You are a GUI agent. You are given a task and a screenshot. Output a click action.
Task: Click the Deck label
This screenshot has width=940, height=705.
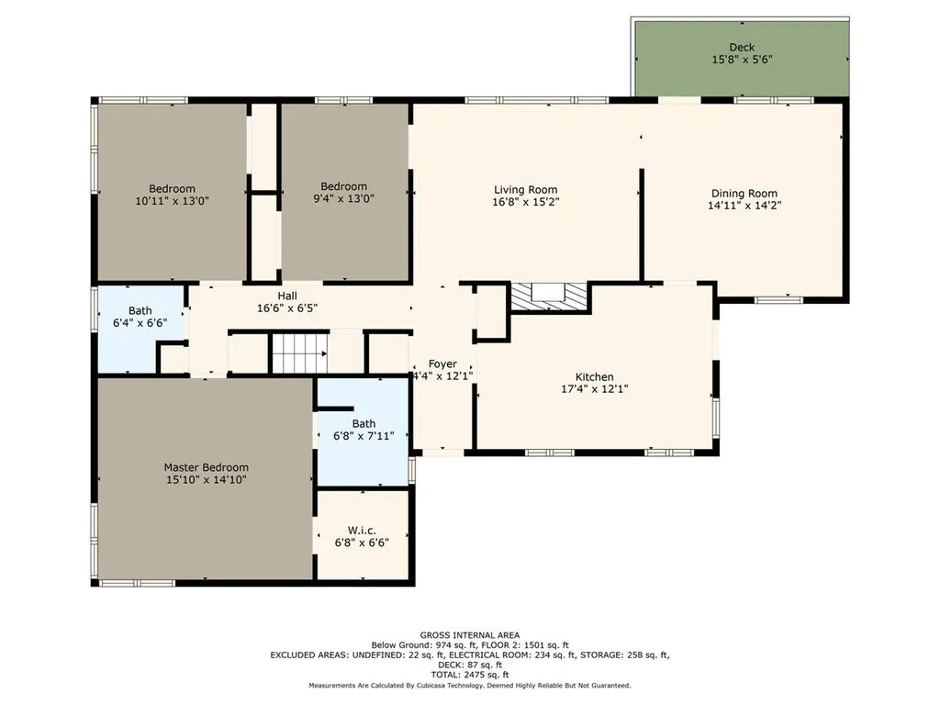(742, 48)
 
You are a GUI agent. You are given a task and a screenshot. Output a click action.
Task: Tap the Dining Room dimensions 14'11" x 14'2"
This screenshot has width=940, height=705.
(744, 205)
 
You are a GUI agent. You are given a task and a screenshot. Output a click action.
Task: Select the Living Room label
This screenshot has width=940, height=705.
(525, 190)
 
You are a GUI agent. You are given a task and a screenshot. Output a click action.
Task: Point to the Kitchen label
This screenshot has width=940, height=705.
(594, 377)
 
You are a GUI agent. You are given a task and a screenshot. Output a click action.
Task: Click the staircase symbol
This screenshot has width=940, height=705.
(300, 353)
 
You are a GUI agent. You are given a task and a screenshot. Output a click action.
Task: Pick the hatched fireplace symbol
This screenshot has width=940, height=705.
(548, 297)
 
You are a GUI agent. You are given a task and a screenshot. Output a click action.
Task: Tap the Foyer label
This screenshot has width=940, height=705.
(442, 364)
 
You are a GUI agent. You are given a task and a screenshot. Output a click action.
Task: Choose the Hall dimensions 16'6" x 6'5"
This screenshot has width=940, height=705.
(287, 308)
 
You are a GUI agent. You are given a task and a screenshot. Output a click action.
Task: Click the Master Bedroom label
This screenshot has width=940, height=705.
(207, 467)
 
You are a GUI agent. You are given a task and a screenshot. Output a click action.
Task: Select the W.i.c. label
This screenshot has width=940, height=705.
(362, 531)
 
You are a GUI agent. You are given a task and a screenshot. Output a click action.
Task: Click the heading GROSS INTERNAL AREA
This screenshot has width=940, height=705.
(470, 635)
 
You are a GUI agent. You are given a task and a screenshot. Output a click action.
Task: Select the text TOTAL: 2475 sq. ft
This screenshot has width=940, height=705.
(470, 675)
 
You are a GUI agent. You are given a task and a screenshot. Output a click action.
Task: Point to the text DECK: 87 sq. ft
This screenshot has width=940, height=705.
(470, 665)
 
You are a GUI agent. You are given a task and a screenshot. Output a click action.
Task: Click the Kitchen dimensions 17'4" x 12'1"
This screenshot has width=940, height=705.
(594, 389)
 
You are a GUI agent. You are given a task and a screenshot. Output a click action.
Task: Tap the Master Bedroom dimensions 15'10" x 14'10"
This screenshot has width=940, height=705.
(207, 479)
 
